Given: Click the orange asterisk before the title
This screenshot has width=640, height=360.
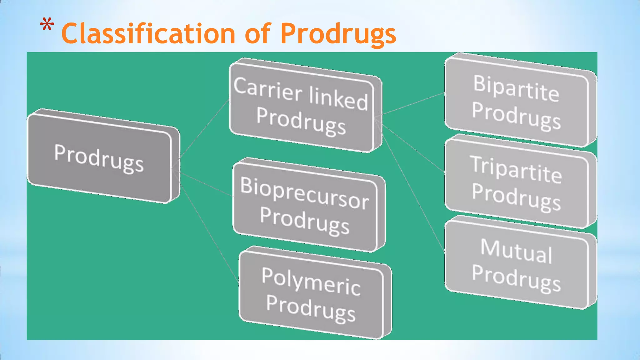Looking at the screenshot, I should coord(47,25).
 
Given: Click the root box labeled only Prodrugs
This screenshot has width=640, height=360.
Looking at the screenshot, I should coord(99,158).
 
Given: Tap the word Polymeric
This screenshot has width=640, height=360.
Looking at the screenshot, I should coord(311,282).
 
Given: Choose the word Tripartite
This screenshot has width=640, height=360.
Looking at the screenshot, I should coord(516,170).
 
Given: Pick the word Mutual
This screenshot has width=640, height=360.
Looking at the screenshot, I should coord(516,251).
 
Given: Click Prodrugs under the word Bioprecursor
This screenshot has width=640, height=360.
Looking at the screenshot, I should coord(305,220).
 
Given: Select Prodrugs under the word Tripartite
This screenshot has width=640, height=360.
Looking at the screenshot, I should coord(516,197).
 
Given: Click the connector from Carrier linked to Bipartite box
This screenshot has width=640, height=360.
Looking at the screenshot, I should coord(412,104).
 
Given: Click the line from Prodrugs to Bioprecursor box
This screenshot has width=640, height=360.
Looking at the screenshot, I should coord(206,184).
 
